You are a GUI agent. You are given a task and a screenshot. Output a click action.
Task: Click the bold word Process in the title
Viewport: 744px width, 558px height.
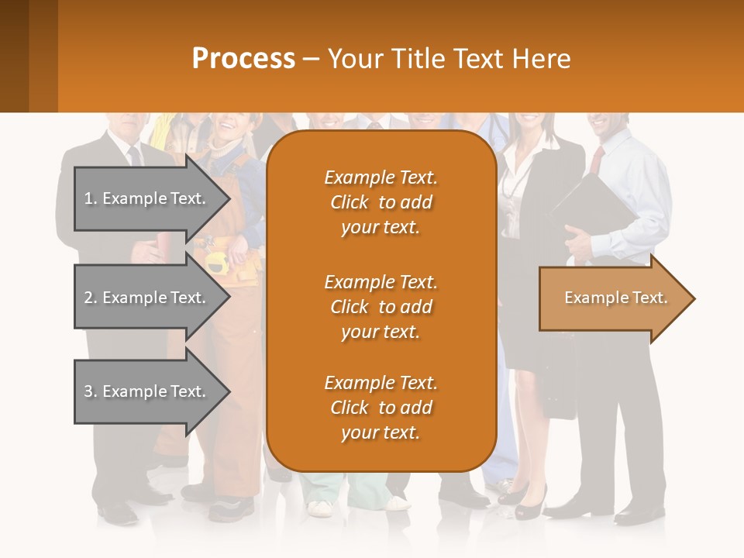[x=243, y=59]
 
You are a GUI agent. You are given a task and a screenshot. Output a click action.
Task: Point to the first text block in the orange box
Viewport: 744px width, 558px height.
[x=381, y=202]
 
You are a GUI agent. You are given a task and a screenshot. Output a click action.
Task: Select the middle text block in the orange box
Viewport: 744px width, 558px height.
[x=381, y=307]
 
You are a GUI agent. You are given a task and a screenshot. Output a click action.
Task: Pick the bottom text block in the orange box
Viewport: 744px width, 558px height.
[x=381, y=408]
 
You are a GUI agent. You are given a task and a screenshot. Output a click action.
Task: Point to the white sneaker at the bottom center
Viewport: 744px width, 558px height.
[x=320, y=508]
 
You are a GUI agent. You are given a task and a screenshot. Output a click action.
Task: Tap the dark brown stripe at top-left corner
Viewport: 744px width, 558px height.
[x=14, y=56]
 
